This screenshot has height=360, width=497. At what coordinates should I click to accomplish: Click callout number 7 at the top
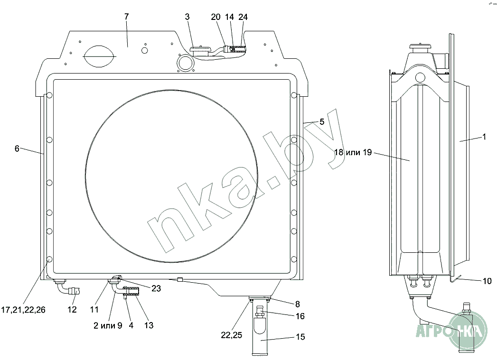126,17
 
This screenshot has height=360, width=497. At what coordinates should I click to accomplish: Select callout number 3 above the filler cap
188,17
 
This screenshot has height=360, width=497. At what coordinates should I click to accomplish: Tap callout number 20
216,17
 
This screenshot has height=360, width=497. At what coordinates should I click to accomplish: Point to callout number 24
243,17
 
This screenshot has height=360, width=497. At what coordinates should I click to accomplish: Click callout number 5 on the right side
322,121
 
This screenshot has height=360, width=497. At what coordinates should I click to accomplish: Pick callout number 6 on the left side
17,148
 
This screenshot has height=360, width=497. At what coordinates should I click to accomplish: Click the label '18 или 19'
353,152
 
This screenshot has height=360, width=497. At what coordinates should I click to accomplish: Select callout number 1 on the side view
484,137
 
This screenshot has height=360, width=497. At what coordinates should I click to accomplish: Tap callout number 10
487,281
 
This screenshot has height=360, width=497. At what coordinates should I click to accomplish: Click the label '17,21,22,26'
23,310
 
